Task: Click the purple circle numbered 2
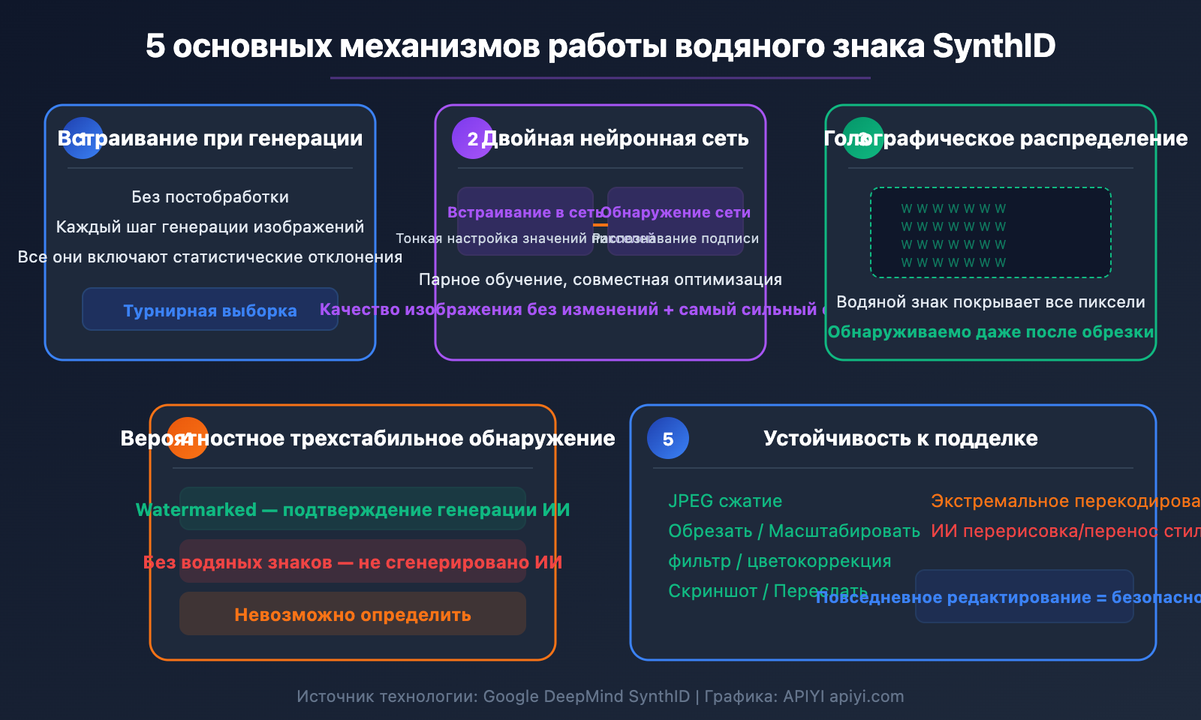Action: [x=472, y=139]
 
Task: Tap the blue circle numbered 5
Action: [x=667, y=439]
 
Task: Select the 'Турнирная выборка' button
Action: [x=210, y=310]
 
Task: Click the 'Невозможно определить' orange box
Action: [x=353, y=615]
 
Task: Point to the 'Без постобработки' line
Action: [x=210, y=197]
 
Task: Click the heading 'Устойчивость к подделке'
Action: [x=900, y=439]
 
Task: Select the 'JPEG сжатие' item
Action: [x=725, y=501]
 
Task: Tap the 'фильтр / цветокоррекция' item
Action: [x=779, y=561]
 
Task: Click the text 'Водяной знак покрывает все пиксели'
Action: [x=990, y=302]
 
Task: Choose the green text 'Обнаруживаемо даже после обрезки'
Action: [x=990, y=332]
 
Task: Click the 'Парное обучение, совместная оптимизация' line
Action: [x=600, y=280]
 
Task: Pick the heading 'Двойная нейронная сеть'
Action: [x=615, y=139]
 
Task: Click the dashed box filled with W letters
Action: [x=990, y=232]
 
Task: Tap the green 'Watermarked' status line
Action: [x=353, y=510]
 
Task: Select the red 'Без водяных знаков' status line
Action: [x=353, y=562]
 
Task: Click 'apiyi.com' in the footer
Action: [x=866, y=697]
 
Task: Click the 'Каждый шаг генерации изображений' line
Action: [x=210, y=227]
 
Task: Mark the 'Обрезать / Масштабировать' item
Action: [x=793, y=531]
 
